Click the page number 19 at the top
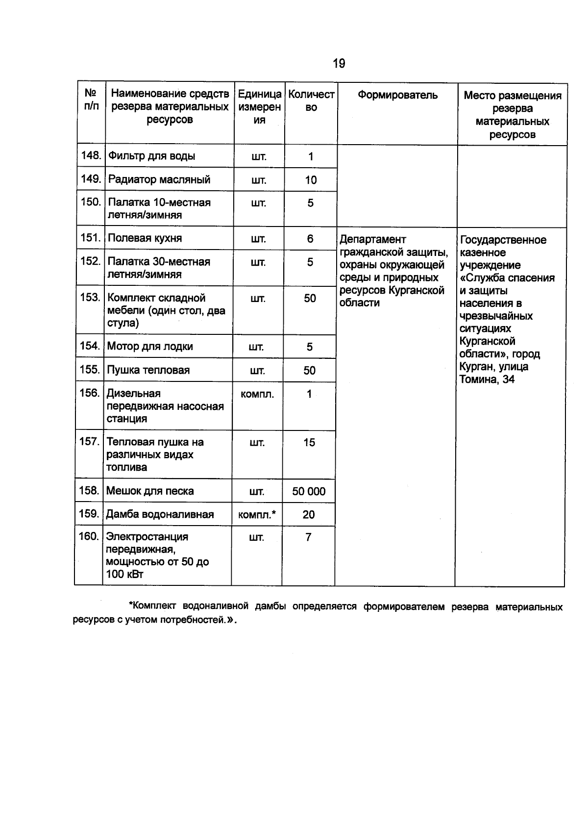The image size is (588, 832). pyautogui.click(x=339, y=63)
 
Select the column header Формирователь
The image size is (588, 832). pyautogui.click(x=397, y=95)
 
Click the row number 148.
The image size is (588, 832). pyautogui.click(x=91, y=156)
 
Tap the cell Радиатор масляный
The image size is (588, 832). pyautogui.click(x=159, y=179)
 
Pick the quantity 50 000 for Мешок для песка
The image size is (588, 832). pyautogui.click(x=309, y=491)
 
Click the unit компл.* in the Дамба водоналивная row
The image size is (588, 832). pyautogui.click(x=257, y=515)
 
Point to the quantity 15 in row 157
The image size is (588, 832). pyautogui.click(x=309, y=443)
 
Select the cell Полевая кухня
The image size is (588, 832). pyautogui.click(x=145, y=238)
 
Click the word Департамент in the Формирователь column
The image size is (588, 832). pyautogui.click(x=373, y=239)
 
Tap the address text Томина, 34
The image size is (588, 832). pyautogui.click(x=487, y=379)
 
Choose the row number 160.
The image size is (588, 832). pyautogui.click(x=89, y=536)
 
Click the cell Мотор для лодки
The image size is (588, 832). pyautogui.click(x=150, y=347)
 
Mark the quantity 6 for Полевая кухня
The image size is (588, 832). pyautogui.click(x=310, y=239)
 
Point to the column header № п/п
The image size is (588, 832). pyautogui.click(x=91, y=100)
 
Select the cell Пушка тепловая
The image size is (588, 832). pyautogui.click(x=148, y=370)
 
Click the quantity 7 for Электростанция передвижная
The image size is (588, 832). pyautogui.click(x=308, y=537)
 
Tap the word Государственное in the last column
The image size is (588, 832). pyautogui.click(x=503, y=240)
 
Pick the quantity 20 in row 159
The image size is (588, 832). pyautogui.click(x=309, y=515)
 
